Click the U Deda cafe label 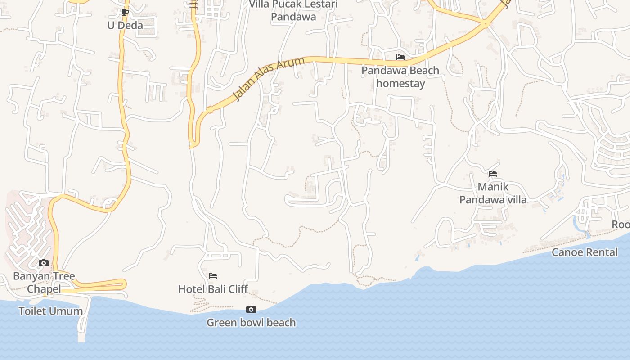pyautogui.click(x=125, y=25)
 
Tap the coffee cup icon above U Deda pyautogui.click(x=125, y=12)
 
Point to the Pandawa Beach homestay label pyautogui.click(x=400, y=77)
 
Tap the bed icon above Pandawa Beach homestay pyautogui.click(x=400, y=57)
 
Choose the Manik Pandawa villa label pyautogui.click(x=493, y=193)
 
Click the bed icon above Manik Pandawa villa pyautogui.click(x=493, y=173)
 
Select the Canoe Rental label pyautogui.click(x=585, y=252)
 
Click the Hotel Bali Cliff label pyautogui.click(x=213, y=289)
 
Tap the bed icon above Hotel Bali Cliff pyautogui.click(x=213, y=275)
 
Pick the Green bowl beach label pyautogui.click(x=251, y=322)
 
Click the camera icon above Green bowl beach pyautogui.click(x=251, y=309)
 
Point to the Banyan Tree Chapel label pyautogui.click(x=44, y=282)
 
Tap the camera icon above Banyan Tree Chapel pyautogui.click(x=44, y=263)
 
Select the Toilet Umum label pyautogui.click(x=50, y=311)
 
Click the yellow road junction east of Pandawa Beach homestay pyautogui.click(x=485, y=23)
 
